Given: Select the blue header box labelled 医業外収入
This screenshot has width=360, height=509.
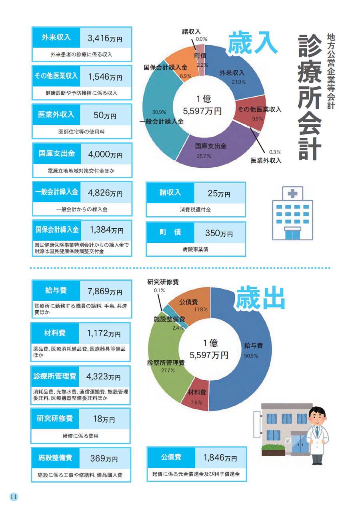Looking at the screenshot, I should tap(56, 115).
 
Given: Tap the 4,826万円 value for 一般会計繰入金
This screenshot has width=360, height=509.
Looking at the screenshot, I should tap(105, 192).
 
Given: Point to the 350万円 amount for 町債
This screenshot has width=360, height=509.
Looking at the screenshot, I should tap(219, 233).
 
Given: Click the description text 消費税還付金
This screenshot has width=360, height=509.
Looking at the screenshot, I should tap(195, 210).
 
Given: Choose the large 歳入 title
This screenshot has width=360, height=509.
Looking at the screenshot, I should tap(253, 43).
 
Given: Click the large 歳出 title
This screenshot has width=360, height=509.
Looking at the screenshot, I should tap(260, 298).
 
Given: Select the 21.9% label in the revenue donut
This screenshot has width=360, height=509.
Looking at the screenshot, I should tap(239, 82).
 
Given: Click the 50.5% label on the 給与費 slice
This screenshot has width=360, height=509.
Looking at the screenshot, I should tap(251, 355).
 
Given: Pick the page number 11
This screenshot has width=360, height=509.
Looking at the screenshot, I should tap(14, 496).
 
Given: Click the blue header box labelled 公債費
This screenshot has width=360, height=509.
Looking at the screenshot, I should tap(171, 457).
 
